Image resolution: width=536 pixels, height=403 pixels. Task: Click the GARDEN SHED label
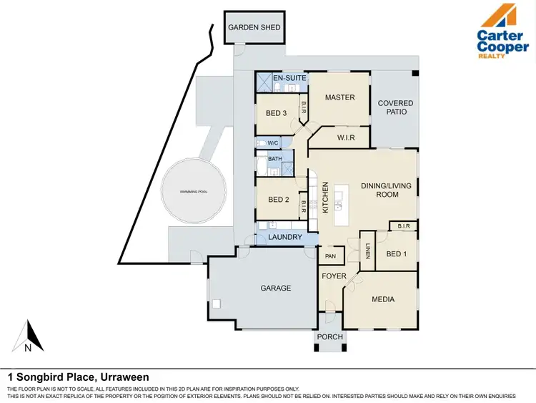(x=254, y=28)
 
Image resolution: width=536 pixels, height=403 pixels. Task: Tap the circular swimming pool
(x=193, y=193)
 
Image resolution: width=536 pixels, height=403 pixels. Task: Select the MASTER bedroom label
(x=339, y=97)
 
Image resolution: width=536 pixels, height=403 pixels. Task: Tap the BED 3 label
(x=276, y=113)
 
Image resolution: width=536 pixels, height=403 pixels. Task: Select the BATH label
(x=275, y=159)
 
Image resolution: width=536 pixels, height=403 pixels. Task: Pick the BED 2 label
(x=278, y=200)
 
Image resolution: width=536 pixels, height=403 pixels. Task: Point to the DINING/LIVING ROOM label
(x=387, y=190)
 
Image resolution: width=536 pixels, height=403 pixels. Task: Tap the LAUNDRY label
(x=285, y=237)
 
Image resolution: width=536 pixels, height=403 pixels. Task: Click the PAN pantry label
(x=330, y=256)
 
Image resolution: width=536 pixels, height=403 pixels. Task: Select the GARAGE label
(x=275, y=288)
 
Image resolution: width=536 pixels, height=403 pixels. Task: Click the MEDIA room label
(x=382, y=299)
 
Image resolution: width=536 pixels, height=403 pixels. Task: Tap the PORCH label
(x=329, y=337)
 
